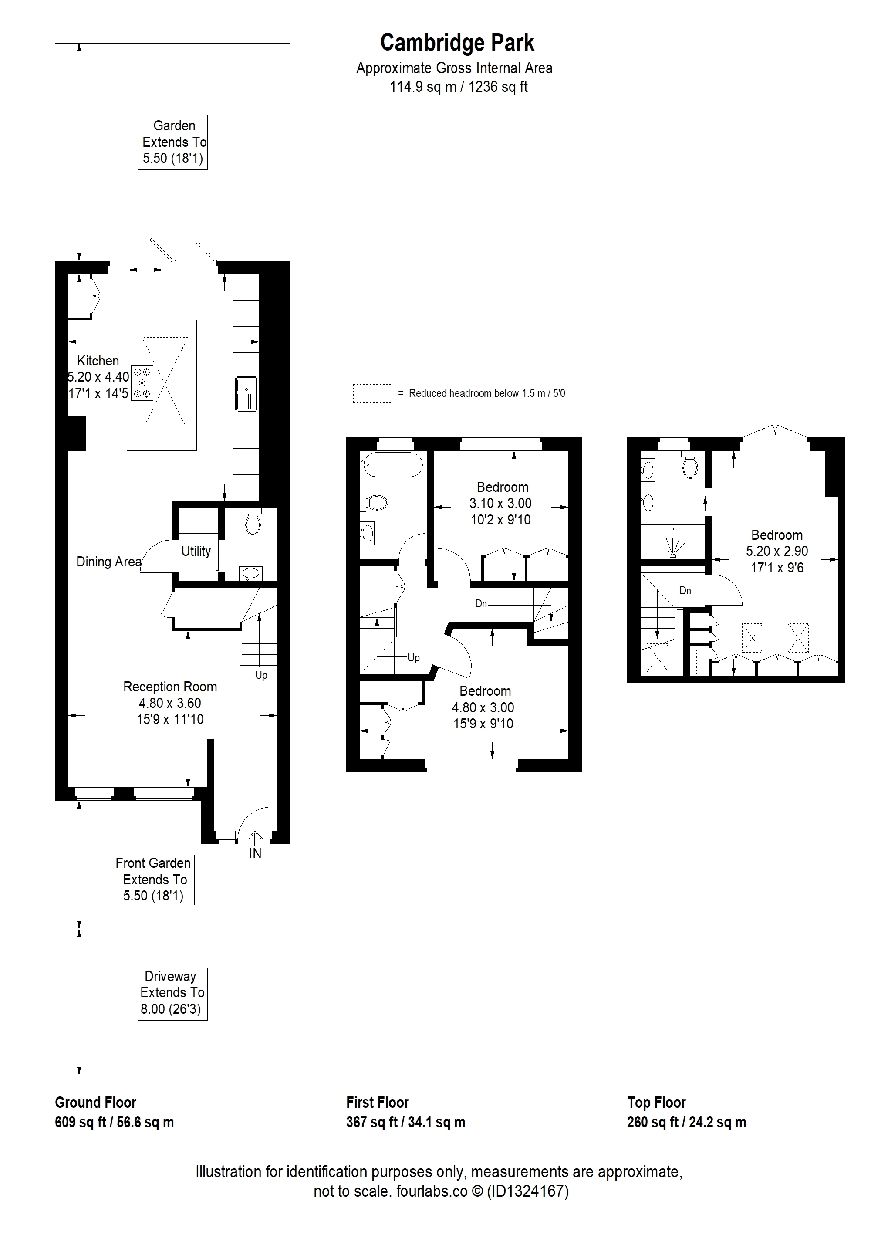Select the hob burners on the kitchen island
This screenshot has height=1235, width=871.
coord(142,382)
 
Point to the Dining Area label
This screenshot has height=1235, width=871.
coord(108,562)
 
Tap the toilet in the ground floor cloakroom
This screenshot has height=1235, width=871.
coord(252,521)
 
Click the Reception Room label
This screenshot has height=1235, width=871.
coord(170,687)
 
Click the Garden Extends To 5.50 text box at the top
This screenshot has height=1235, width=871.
coord(172,142)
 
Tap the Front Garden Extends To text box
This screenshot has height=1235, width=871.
coord(154,880)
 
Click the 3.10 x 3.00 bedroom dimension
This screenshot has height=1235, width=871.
coord(500,504)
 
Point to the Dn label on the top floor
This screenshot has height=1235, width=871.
coord(685,591)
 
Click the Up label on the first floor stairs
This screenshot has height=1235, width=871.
coord(413,658)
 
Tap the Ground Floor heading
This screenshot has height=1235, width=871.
coord(96,1103)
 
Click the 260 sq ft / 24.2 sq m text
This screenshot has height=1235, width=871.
coord(687,1123)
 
